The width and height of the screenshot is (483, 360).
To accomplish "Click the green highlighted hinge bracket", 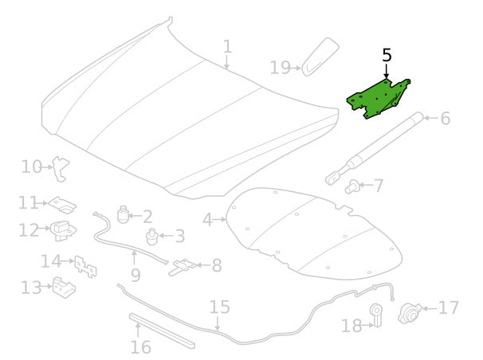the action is point(377,99).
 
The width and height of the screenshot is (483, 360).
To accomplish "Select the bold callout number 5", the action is point(387,56).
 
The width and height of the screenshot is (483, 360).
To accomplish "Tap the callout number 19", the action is point(280,68).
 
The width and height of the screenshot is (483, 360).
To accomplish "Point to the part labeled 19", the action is point(320,57).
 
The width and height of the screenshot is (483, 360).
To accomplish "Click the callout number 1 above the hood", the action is point(227,47).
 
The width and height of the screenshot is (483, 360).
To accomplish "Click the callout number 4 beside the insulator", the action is point(207,220).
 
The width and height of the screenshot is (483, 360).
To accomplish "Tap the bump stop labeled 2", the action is point(123,214).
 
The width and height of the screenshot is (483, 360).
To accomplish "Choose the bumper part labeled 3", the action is point(151,237).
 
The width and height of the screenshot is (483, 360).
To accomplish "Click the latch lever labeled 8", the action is point(183,267).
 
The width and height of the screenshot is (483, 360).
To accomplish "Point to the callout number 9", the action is point(135,275).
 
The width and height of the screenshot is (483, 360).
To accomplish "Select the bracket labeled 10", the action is point(61,169).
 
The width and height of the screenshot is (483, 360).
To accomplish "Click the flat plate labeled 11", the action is point(63,205).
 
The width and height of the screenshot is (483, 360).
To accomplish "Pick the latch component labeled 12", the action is point(63,231).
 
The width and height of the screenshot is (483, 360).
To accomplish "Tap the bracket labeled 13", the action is point(64,288).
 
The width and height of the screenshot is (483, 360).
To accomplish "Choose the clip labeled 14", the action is point(85,267).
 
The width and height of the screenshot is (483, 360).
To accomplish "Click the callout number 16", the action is point(141,347).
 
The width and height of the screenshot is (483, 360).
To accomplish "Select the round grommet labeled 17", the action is point(410,313).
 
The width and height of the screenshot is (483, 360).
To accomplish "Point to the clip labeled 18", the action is point(376,315).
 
